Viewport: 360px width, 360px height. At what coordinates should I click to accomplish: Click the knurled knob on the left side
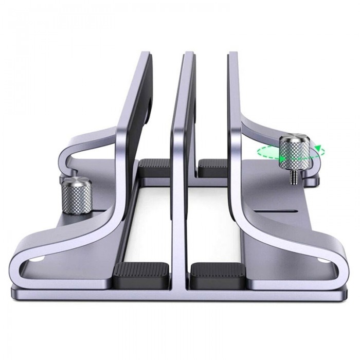click(77, 196)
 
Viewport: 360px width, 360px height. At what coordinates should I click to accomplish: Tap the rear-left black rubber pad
click(156, 168)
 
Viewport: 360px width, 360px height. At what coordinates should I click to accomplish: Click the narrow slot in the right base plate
click(291, 211)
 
